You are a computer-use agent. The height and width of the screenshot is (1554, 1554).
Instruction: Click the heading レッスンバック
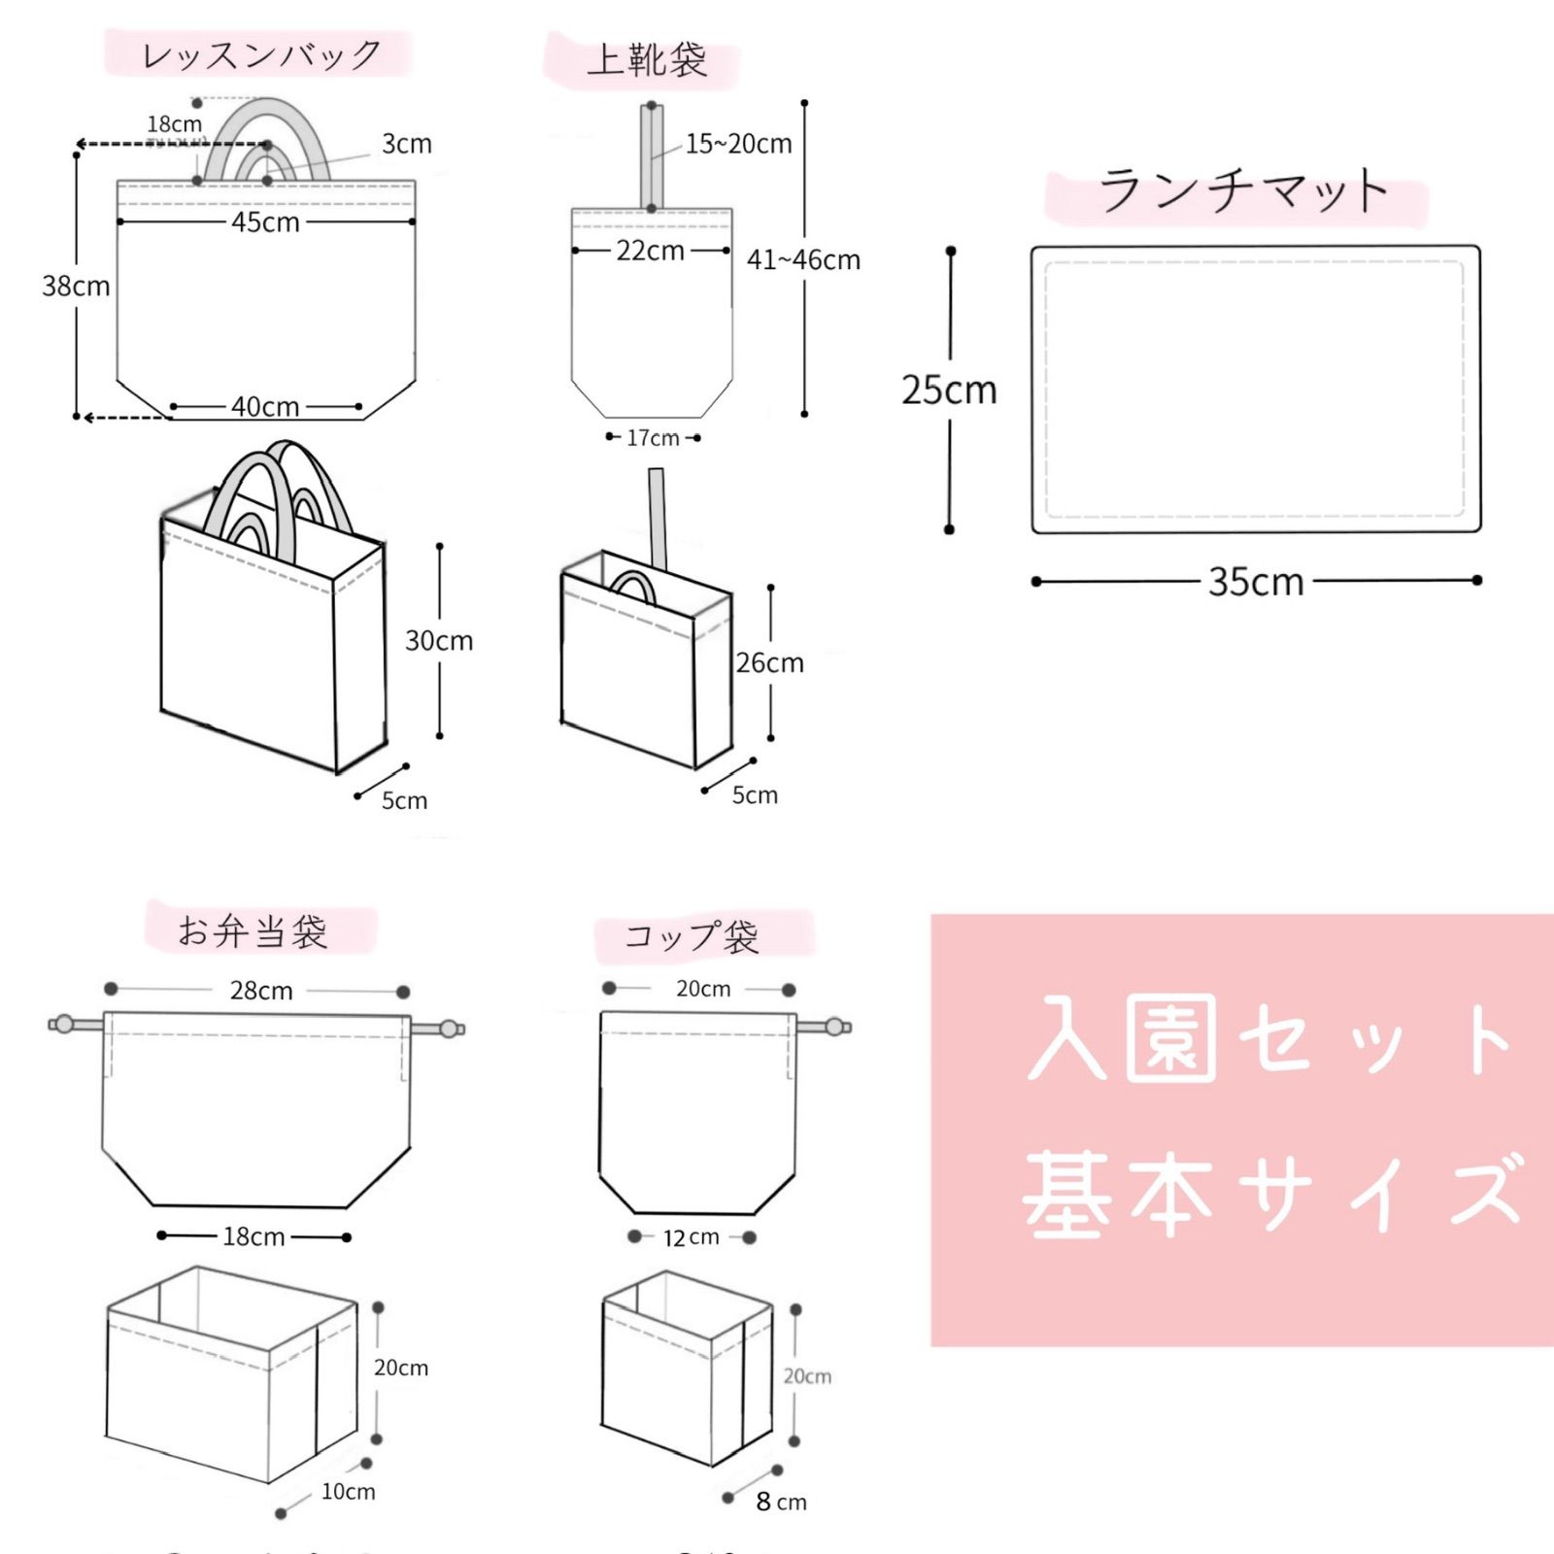click(260, 55)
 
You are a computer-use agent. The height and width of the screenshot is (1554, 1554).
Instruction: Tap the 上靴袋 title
click(646, 61)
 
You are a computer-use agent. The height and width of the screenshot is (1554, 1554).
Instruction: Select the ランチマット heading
click(1242, 191)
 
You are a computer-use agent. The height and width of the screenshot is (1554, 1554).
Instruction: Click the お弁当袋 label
click(253, 931)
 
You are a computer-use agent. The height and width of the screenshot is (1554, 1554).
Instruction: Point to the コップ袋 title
click(691, 937)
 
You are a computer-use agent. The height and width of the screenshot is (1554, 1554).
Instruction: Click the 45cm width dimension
click(265, 222)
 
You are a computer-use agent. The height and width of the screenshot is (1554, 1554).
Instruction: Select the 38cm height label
click(76, 287)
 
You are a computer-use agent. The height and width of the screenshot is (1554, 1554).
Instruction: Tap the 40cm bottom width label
click(265, 407)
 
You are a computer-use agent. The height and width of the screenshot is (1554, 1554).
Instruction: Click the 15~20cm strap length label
click(738, 145)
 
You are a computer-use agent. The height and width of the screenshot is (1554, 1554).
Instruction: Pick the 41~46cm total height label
click(803, 260)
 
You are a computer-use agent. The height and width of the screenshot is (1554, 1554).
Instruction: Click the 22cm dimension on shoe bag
click(650, 251)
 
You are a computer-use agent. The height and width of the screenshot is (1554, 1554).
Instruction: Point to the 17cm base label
click(653, 438)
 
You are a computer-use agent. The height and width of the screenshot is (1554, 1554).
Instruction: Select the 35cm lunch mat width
click(1256, 583)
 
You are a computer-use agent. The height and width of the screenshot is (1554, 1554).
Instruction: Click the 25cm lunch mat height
click(949, 390)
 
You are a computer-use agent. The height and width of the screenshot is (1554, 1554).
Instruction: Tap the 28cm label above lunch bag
click(261, 991)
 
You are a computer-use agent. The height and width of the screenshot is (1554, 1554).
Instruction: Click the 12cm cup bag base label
click(692, 1237)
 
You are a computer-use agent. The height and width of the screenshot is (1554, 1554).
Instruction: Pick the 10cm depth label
click(348, 1492)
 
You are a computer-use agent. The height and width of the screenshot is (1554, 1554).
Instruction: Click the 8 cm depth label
click(781, 1503)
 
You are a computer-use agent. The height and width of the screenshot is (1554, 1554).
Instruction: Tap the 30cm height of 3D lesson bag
click(439, 641)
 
